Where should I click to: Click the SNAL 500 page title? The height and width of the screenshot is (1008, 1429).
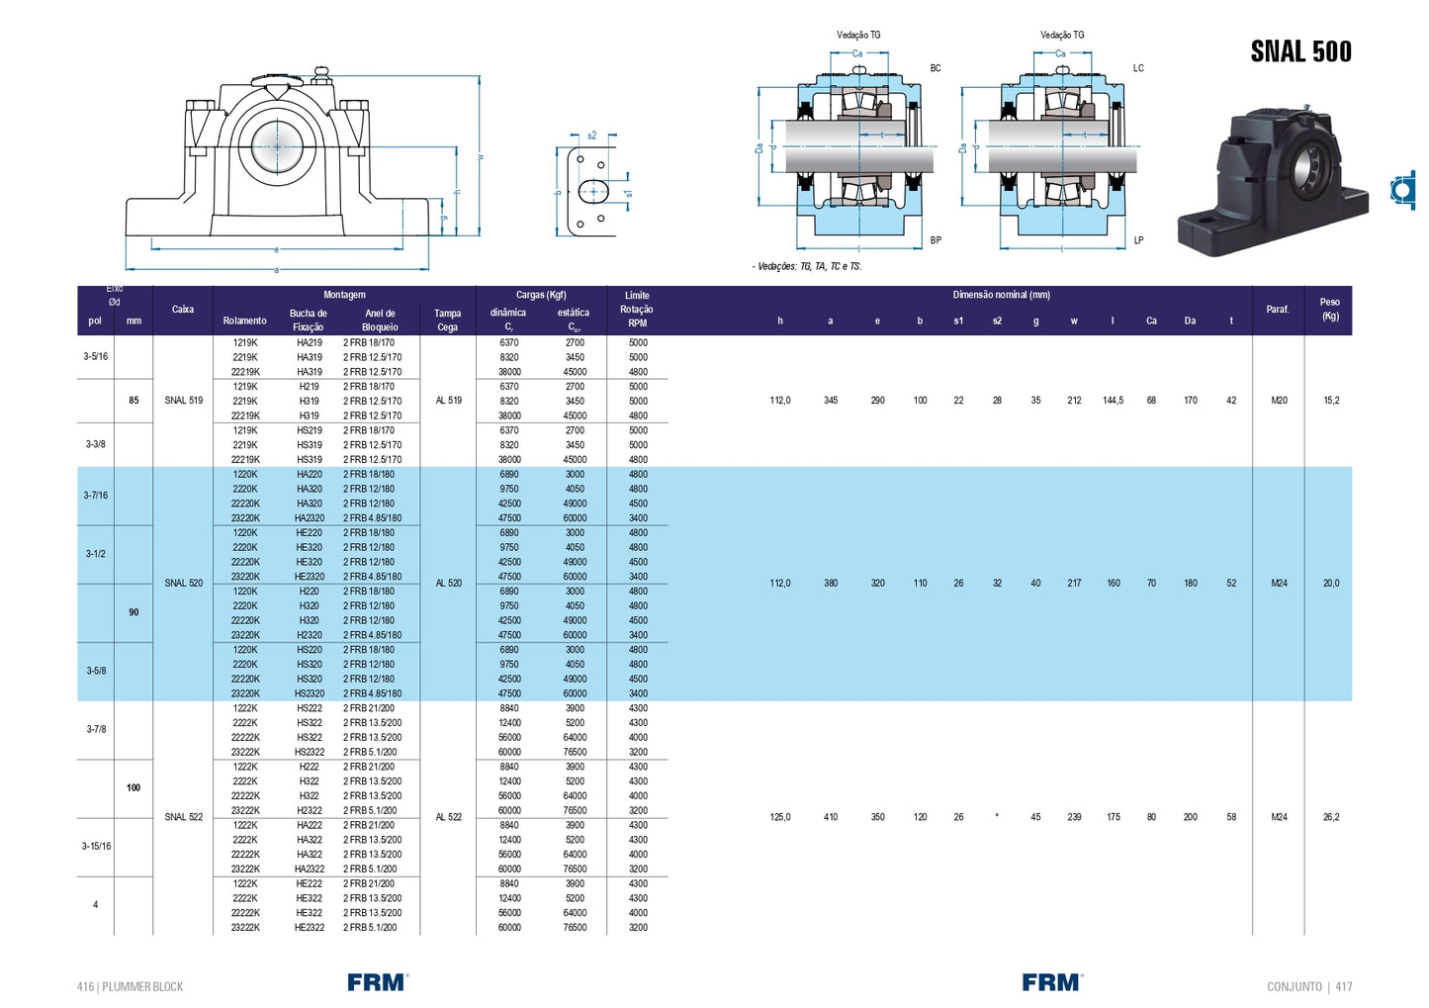tap(1300, 51)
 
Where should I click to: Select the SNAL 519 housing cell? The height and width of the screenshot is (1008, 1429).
tap(183, 401)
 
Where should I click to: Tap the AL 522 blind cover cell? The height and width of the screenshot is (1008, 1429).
tap(448, 817)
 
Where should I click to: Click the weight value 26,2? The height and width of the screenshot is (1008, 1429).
tap(1330, 817)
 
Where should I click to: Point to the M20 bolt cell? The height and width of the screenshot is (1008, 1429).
tap(1279, 401)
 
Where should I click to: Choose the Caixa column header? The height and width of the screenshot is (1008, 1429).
tap(183, 310)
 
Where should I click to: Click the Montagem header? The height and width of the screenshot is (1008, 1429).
tap(344, 295)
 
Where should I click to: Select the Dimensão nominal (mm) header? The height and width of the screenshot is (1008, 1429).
tap(1001, 295)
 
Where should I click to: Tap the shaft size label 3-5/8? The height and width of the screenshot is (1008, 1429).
tap(96, 671)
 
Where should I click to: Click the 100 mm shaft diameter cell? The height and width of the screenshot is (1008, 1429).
tap(134, 788)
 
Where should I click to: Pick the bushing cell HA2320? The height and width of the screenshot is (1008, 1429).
tap(310, 518)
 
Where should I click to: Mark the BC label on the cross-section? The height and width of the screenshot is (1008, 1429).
tap(936, 68)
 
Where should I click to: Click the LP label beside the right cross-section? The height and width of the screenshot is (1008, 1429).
tap(1138, 240)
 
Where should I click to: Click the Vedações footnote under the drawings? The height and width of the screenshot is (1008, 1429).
tap(807, 266)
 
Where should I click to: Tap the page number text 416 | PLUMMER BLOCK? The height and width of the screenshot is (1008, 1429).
tap(131, 986)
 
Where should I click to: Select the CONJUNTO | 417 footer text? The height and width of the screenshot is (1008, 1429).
tap(1308, 986)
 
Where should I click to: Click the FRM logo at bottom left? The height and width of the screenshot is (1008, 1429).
tap(377, 982)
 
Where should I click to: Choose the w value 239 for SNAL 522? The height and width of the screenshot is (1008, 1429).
tap(1074, 817)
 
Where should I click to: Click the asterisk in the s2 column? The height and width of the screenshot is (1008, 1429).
tap(997, 817)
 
